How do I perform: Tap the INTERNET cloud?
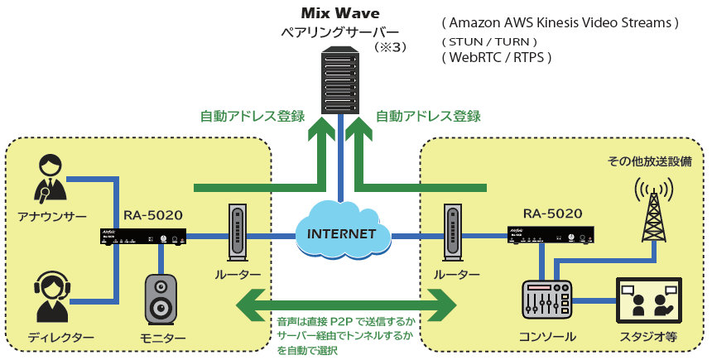click(x=341, y=233)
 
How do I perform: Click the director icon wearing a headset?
click(x=51, y=297)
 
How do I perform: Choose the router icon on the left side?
click(x=238, y=233)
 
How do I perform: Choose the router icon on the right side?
click(x=452, y=233)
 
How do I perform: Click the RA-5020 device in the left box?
click(x=143, y=237)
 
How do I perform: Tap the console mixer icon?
click(x=547, y=303)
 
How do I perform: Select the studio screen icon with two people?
click(x=648, y=301)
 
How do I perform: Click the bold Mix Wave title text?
click(x=340, y=14)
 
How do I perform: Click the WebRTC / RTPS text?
click(x=497, y=57)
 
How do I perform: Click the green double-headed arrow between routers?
click(x=345, y=304)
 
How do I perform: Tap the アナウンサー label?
click(x=52, y=216)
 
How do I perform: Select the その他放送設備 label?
click(x=649, y=161)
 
